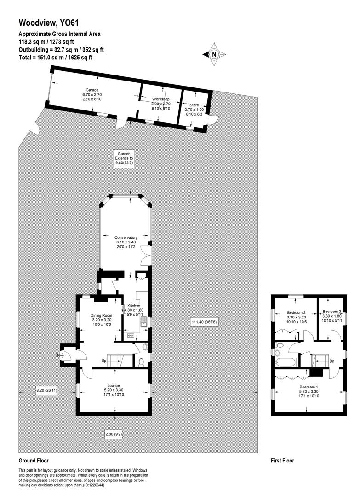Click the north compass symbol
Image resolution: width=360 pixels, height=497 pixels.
pyautogui.click(x=214, y=54)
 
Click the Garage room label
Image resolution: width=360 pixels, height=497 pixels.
pyautogui.click(x=91, y=94)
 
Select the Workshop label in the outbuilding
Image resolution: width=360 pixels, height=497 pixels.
pyautogui.click(x=161, y=104)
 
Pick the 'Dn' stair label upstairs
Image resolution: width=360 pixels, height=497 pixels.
pyautogui.click(x=331, y=361)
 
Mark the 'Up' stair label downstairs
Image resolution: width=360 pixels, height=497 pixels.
pyautogui.click(x=104, y=361)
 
